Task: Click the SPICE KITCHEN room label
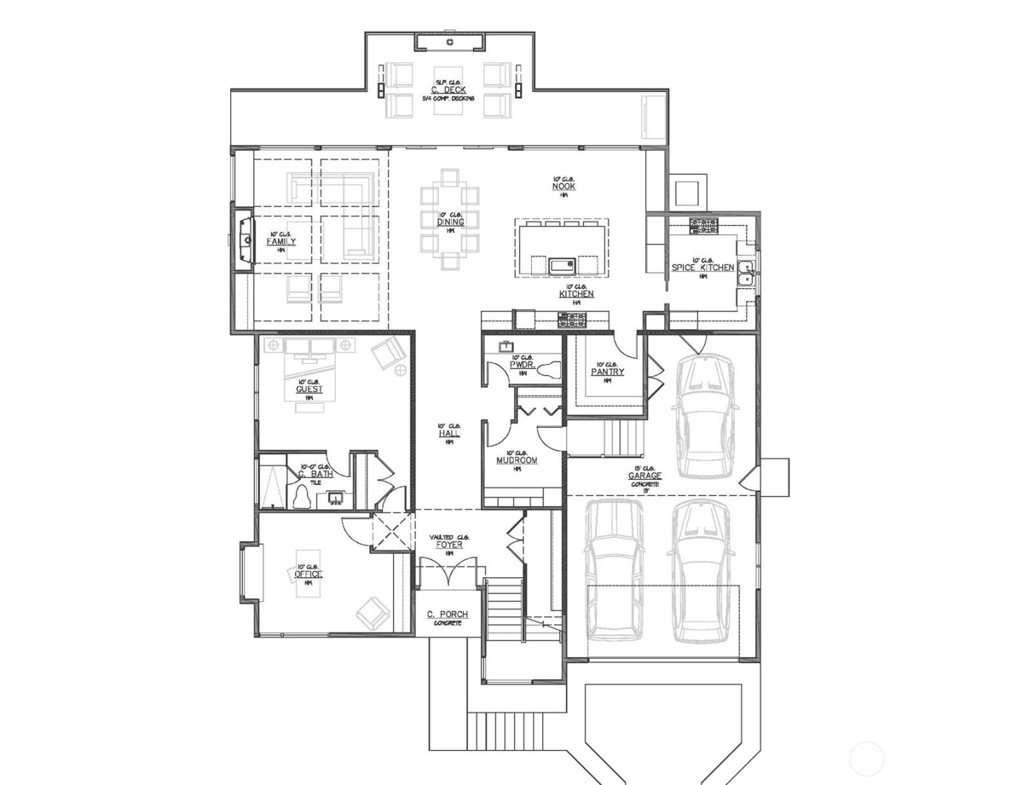[x=702, y=268]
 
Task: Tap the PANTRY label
[x=607, y=372]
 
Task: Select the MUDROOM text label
[x=516, y=460]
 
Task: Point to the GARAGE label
[x=644, y=476]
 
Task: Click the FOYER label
[x=450, y=545]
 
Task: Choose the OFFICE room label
[x=309, y=574]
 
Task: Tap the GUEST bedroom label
[x=309, y=389]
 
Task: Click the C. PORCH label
[x=447, y=615]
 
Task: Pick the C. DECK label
[x=448, y=90]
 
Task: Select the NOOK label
[x=564, y=187]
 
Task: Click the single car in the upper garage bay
[x=703, y=415]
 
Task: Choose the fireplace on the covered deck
[x=450, y=43]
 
